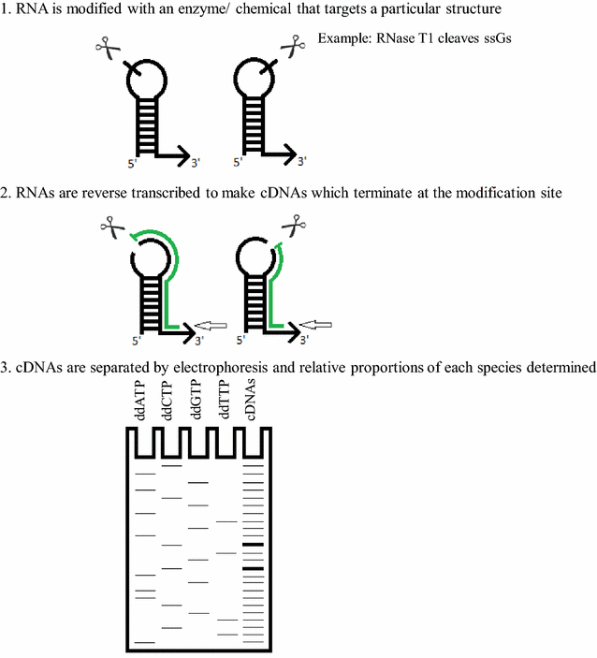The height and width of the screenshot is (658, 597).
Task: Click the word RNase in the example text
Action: click(392, 39)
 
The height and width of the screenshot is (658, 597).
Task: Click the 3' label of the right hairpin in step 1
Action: click(302, 162)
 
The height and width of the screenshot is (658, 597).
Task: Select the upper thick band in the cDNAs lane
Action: click(253, 545)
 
